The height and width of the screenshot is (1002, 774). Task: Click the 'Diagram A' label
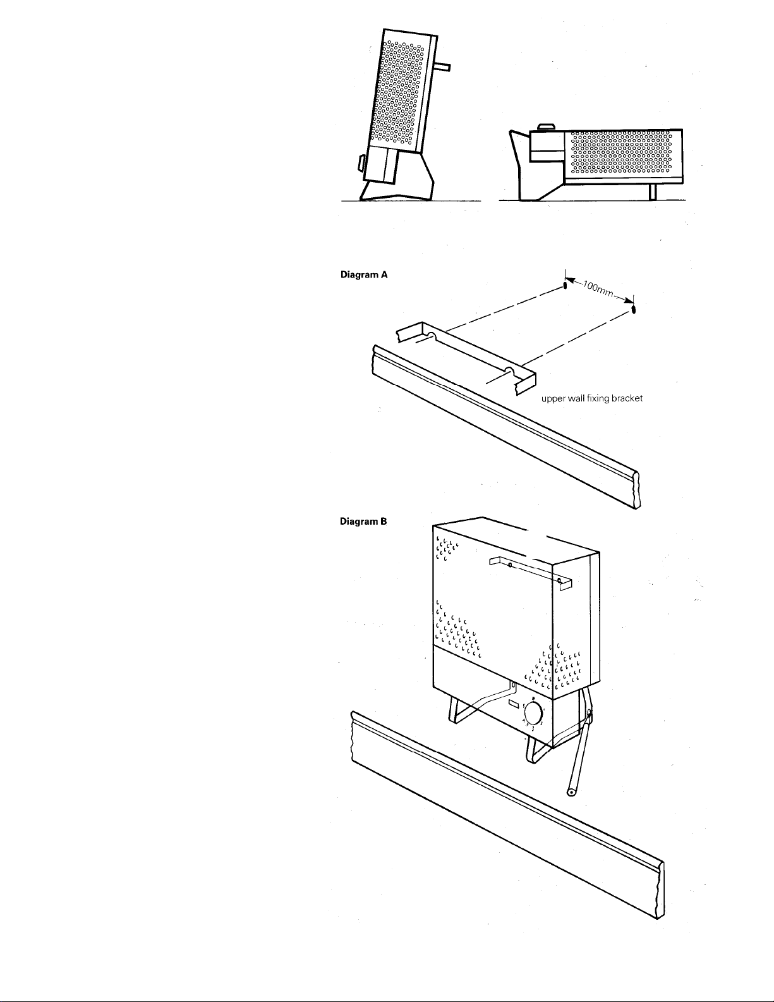(x=364, y=275)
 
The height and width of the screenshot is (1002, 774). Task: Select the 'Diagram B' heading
(x=363, y=522)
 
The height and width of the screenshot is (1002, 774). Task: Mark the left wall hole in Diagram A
(x=565, y=287)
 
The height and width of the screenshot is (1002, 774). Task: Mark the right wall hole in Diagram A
(x=633, y=309)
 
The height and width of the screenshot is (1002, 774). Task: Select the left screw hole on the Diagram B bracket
(x=510, y=565)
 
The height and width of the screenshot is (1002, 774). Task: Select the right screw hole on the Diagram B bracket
(x=559, y=580)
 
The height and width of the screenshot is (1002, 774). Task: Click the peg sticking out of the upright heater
(x=443, y=67)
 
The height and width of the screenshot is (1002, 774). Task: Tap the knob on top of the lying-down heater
(x=548, y=127)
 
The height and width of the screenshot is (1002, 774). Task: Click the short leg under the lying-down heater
(x=652, y=192)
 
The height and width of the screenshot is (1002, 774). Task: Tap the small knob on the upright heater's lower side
(x=361, y=162)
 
